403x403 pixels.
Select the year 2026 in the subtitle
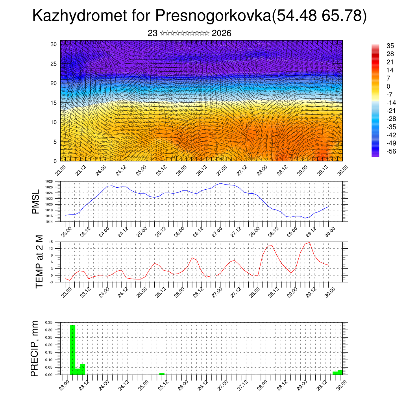(x=221, y=33)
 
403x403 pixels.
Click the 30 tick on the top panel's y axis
(x=53, y=44)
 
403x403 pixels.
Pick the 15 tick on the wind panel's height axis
(x=53, y=103)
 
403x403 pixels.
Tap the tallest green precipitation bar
(x=73, y=349)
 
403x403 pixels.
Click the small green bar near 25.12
(x=162, y=373)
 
